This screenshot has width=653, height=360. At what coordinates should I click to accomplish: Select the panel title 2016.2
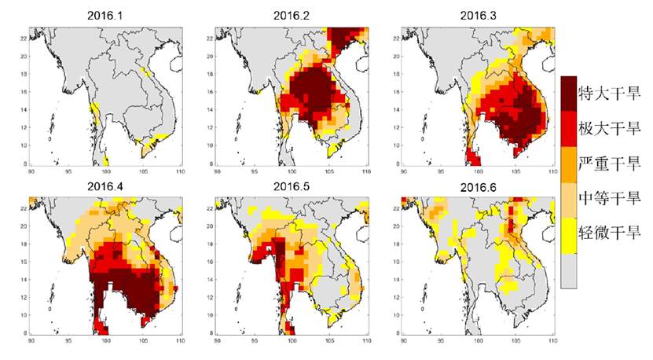(x=292, y=15)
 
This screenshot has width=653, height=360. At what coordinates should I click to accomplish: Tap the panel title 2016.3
(x=477, y=15)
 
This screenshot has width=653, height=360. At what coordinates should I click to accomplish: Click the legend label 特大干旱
(x=608, y=91)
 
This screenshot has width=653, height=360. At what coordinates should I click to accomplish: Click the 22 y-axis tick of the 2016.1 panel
(x=24, y=38)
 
